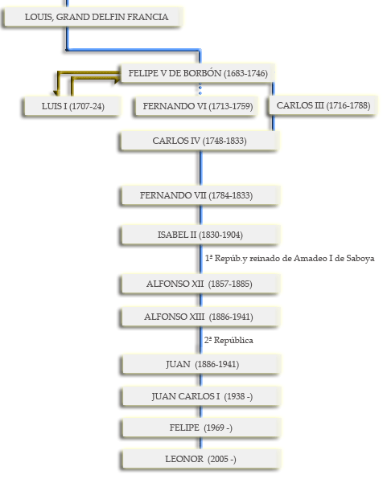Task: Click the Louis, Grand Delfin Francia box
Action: pos(93,17)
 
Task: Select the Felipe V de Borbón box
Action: pos(198,73)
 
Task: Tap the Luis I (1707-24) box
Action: pos(72,106)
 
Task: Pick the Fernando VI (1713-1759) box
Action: pos(197,106)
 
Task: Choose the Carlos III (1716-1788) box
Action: pos(323,105)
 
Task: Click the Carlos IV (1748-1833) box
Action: pos(200,141)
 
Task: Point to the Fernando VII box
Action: pos(200,195)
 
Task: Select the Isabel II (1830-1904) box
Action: pos(200,235)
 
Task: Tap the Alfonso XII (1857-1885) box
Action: pos(200,284)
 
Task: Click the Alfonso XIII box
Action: pos(200,317)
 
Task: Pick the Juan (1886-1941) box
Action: pos(200,364)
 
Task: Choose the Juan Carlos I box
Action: pos(200,396)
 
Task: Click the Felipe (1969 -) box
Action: pos(200,428)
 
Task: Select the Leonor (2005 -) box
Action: pos(200,459)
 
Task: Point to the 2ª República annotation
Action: pos(229,341)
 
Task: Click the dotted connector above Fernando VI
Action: pos(200,89)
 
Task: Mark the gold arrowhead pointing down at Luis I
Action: pos(56,93)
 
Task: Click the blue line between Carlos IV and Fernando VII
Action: pos(200,168)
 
